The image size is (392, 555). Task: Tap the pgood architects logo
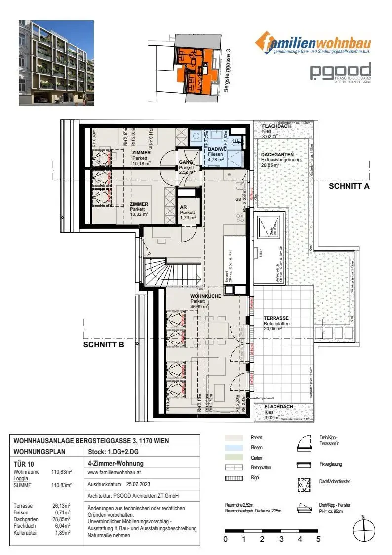click(340, 73)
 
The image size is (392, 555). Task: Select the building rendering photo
click(56, 63)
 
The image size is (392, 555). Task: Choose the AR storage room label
click(183, 207)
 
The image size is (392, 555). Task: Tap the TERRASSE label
click(275, 318)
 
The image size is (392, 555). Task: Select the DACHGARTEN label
click(277, 155)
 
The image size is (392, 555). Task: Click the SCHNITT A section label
click(349, 186)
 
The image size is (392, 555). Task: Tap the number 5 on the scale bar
click(318, 539)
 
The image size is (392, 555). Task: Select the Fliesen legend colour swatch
click(234, 447)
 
